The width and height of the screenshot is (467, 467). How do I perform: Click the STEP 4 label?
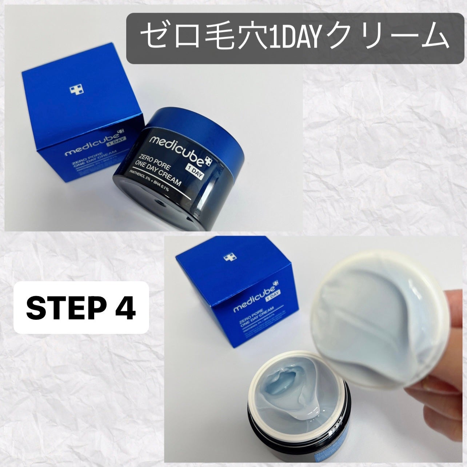[81, 308]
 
